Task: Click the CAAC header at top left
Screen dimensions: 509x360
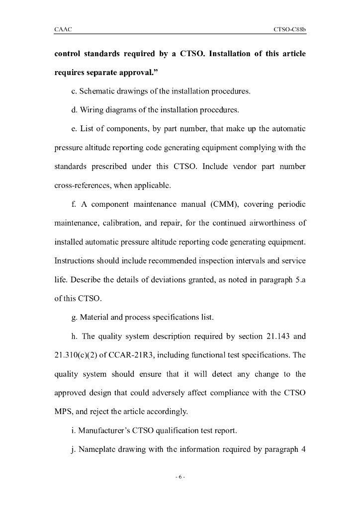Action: pos(63,30)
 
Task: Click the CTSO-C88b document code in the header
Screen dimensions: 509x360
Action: pos(289,30)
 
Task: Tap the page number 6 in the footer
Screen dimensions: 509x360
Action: pos(180,477)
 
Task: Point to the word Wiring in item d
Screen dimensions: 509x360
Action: pos(92,110)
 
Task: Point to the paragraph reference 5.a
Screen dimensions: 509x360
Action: pos(300,279)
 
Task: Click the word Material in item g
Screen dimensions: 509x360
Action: pos(98,317)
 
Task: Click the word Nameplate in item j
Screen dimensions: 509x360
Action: pos(99,449)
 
